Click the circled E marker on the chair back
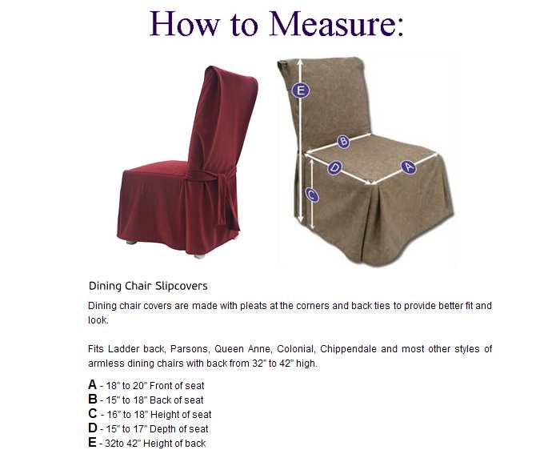pyautogui.click(x=300, y=90)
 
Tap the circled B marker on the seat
pyautogui.click(x=343, y=141)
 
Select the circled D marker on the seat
pyautogui.click(x=334, y=167)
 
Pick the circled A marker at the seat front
pyautogui.click(x=408, y=167)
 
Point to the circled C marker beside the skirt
pyautogui.click(x=312, y=195)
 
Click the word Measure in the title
pyautogui.click(x=336, y=23)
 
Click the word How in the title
pyautogui.click(x=184, y=23)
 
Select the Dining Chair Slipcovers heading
pyautogui.click(x=148, y=286)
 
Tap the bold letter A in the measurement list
pyautogui.click(x=93, y=385)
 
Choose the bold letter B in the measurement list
pyautogui.click(x=93, y=400)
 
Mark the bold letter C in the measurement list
pyautogui.click(x=93, y=413)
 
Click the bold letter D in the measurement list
pyautogui.click(x=93, y=428)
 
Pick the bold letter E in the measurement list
pyautogui.click(x=92, y=443)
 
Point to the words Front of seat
pyautogui.click(x=177, y=386)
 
